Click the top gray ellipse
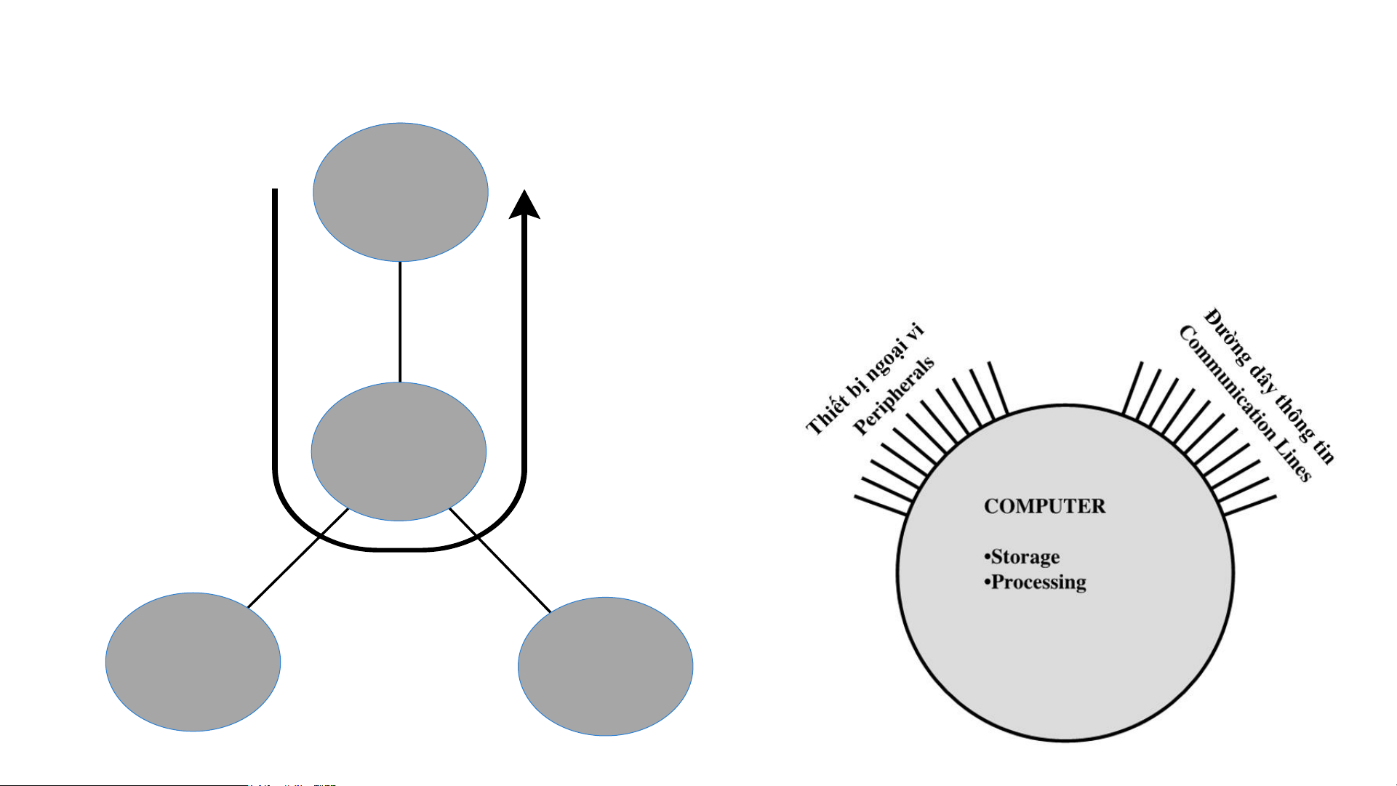[x=400, y=192]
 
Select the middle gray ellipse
[x=399, y=451]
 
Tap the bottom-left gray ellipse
[x=193, y=662]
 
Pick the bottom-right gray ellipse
[x=605, y=666]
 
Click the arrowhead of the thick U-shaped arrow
[x=524, y=204]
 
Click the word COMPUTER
[x=1044, y=506]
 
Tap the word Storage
[x=1025, y=557]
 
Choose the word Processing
[x=1038, y=582]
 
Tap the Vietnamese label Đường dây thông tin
[x=1270, y=385]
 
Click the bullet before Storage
[x=987, y=558]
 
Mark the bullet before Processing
[x=987, y=582]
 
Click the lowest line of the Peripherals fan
[x=881, y=505]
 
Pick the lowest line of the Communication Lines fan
[x=1250, y=505]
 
